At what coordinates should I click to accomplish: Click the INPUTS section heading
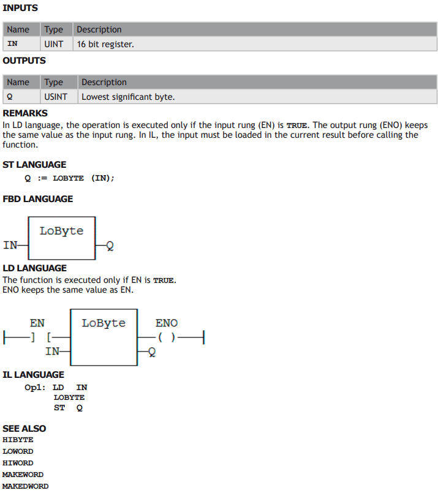[x=20, y=8]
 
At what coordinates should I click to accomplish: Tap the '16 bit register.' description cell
[x=255, y=44]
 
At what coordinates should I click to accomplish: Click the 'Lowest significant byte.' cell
[x=257, y=97]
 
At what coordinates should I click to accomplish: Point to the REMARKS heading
[x=25, y=113]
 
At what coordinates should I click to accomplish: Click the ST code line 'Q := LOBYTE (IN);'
[x=69, y=178]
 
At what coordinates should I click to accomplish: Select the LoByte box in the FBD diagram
[x=62, y=238]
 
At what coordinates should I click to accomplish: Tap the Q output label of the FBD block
[x=110, y=246]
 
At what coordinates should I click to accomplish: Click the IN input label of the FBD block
[x=10, y=245]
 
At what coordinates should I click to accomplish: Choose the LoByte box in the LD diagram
[x=104, y=337]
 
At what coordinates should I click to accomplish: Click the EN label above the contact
[x=37, y=323]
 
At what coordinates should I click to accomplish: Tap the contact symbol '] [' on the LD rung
[x=41, y=337]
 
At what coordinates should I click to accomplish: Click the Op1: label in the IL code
[x=35, y=387]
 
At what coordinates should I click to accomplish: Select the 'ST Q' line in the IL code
[x=68, y=408]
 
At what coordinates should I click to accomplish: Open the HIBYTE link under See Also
[x=18, y=440]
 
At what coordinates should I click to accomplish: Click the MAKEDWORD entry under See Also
[x=26, y=486]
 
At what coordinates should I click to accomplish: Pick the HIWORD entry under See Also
[x=18, y=463]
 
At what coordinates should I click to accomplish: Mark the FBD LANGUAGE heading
[x=38, y=199]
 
